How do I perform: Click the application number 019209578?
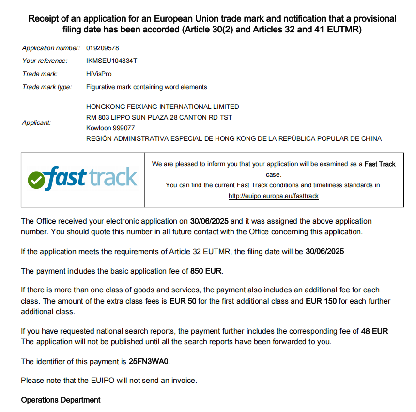(x=102, y=48)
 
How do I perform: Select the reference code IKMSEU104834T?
(x=111, y=61)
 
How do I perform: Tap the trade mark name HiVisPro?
(x=99, y=74)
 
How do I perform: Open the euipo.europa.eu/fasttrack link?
(x=274, y=196)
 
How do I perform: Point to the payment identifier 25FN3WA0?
(x=149, y=362)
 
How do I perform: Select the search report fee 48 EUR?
(x=374, y=332)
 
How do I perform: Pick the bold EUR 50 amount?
(x=183, y=301)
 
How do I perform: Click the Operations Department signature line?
(x=61, y=400)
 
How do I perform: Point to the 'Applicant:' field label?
(x=36, y=123)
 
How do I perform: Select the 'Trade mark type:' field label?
(x=47, y=87)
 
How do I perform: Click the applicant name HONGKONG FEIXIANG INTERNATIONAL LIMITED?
(x=162, y=107)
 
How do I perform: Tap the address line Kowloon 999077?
(x=110, y=128)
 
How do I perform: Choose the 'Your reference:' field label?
(x=45, y=61)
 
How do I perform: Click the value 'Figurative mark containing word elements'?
(x=146, y=87)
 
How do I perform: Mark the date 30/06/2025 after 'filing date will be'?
(x=324, y=252)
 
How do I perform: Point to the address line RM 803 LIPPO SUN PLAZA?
(x=159, y=117)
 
